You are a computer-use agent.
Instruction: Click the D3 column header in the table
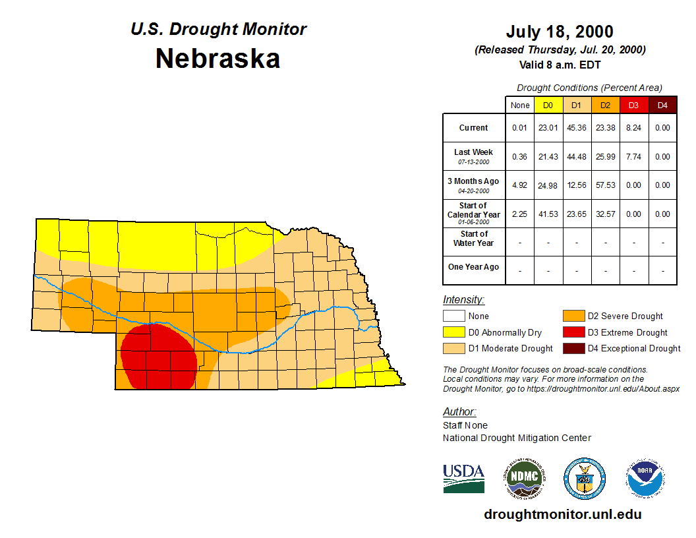point(633,105)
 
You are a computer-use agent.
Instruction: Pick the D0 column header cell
point(548,105)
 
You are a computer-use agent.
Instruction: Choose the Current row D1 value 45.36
point(577,128)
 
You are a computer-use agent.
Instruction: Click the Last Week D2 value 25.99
point(605,157)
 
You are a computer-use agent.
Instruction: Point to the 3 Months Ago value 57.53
point(605,185)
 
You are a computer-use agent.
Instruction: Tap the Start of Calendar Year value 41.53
point(548,214)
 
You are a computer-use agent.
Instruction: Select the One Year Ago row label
point(473,267)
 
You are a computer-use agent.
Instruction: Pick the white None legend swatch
point(455,316)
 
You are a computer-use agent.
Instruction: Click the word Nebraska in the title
point(217,59)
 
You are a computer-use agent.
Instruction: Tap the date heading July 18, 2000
point(560,32)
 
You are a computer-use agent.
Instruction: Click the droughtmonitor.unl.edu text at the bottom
point(562,514)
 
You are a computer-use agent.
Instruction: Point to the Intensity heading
point(463,300)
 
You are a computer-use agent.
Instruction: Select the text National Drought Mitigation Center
point(517,438)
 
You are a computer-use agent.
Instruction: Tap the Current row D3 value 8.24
point(633,128)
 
